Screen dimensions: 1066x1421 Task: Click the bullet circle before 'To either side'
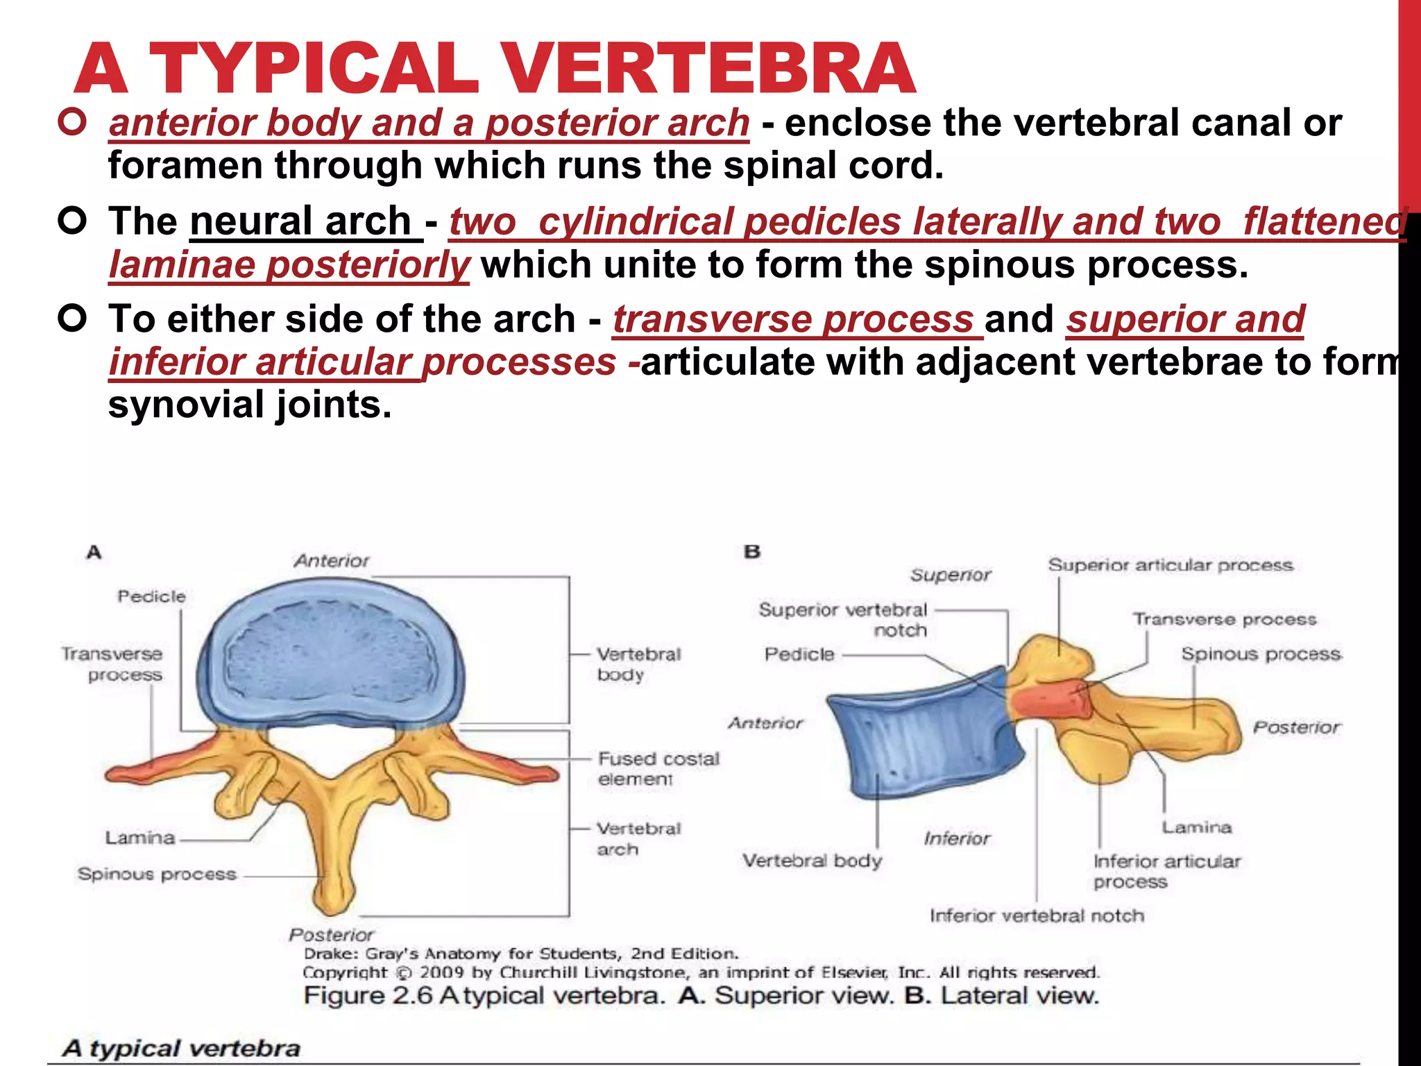click(72, 319)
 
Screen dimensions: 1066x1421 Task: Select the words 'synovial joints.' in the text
click(250, 405)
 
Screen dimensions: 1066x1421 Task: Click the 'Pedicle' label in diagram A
click(151, 596)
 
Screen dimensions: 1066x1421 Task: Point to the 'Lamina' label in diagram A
click(139, 838)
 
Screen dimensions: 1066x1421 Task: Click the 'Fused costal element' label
click(658, 768)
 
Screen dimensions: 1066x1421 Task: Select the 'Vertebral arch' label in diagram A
click(638, 838)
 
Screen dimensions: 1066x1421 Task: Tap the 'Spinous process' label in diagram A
click(157, 874)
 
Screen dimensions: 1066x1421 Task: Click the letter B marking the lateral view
click(752, 552)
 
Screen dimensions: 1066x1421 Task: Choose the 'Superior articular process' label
click(1171, 565)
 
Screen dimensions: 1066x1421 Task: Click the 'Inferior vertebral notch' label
click(1037, 915)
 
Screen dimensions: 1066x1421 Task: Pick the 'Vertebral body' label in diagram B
click(812, 861)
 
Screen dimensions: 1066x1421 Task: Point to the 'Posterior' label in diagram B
click(1296, 727)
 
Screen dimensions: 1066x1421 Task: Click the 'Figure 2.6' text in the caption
click(368, 996)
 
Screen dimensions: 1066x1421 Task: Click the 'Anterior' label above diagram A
click(332, 561)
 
